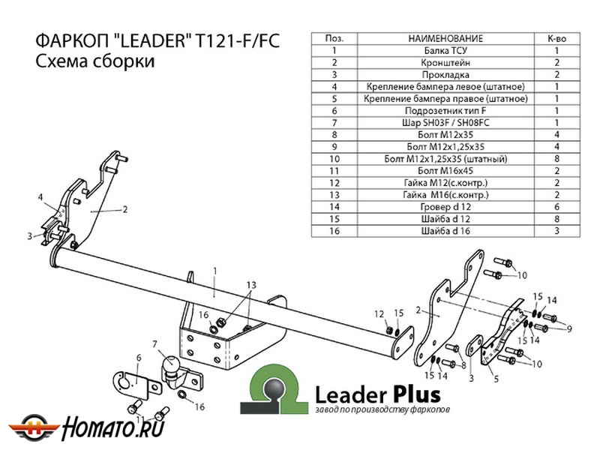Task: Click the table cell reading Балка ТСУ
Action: click(x=445, y=50)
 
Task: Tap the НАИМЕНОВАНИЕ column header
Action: click(x=445, y=38)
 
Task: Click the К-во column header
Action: click(x=556, y=38)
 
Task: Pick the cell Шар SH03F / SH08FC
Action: click(x=445, y=122)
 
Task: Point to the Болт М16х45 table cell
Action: click(x=445, y=170)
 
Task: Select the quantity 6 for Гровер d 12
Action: click(x=556, y=206)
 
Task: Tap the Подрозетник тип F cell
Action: click(x=445, y=110)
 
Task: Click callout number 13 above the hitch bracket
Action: click(x=251, y=285)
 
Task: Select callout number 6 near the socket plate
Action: click(x=138, y=358)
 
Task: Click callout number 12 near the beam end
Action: click(x=379, y=313)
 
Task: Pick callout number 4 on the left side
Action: click(x=40, y=197)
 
